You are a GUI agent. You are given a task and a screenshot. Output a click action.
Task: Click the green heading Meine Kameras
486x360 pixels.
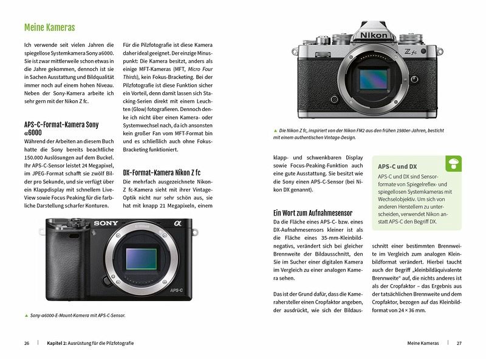pyautogui.click(x=50, y=27)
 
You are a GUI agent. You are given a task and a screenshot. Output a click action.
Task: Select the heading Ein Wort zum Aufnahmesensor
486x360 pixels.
pyautogui.click(x=313, y=213)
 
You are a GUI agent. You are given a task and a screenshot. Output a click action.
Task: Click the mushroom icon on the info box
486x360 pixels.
pyautogui.click(x=453, y=162)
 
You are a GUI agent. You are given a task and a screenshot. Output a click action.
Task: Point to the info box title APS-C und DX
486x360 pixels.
pyautogui.click(x=397, y=166)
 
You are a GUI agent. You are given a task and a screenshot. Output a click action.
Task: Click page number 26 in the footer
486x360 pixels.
pyautogui.click(x=27, y=344)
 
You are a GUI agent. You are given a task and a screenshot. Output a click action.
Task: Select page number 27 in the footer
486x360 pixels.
pyautogui.click(x=459, y=344)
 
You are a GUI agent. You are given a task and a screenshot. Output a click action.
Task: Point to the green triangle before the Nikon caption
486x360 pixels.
pyautogui.click(x=276, y=131)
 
